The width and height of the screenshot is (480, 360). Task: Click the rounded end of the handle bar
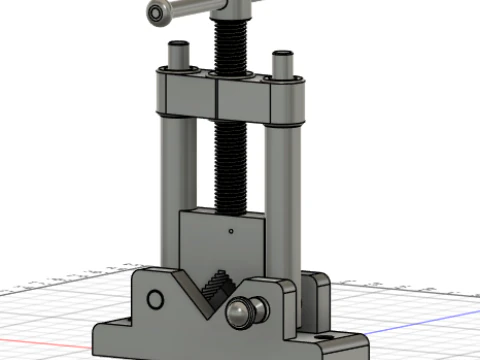pyautogui.click(x=158, y=12)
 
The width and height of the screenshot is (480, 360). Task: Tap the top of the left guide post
pyautogui.click(x=179, y=47)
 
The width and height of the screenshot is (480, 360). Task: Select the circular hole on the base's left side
pyautogui.click(x=155, y=300)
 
